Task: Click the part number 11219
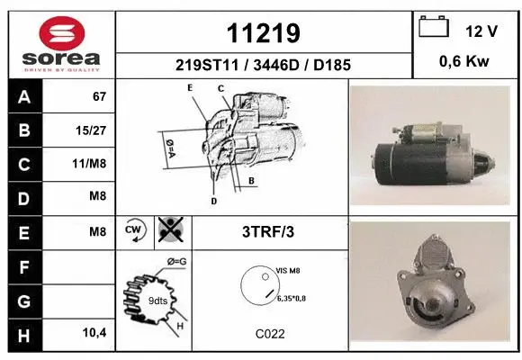coord(263,34)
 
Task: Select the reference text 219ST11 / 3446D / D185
coord(263,65)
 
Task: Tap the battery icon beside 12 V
coord(434,29)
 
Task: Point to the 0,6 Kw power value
coord(463,63)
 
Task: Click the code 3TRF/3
coord(269,231)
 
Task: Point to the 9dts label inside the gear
coord(157,300)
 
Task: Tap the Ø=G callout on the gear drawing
coord(176,262)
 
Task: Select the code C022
coord(269,333)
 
